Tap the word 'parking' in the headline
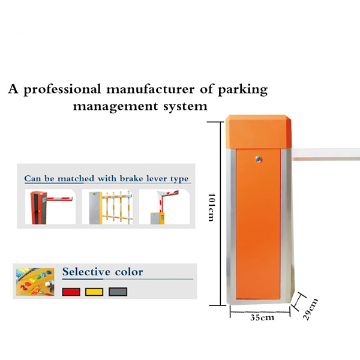pyautogui.click(x=241, y=91)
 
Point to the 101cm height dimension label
pyautogui.click(x=211, y=207)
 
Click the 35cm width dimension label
pyautogui.click(x=262, y=317)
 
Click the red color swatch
pyautogui.click(x=71, y=292)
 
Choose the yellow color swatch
pyautogui.click(x=94, y=292)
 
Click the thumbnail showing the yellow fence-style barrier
pyautogui.click(x=106, y=207)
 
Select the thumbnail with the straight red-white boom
pyautogui.click(x=50, y=207)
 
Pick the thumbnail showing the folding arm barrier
pyautogui.click(x=163, y=207)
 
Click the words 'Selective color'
pyautogui.click(x=103, y=272)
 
